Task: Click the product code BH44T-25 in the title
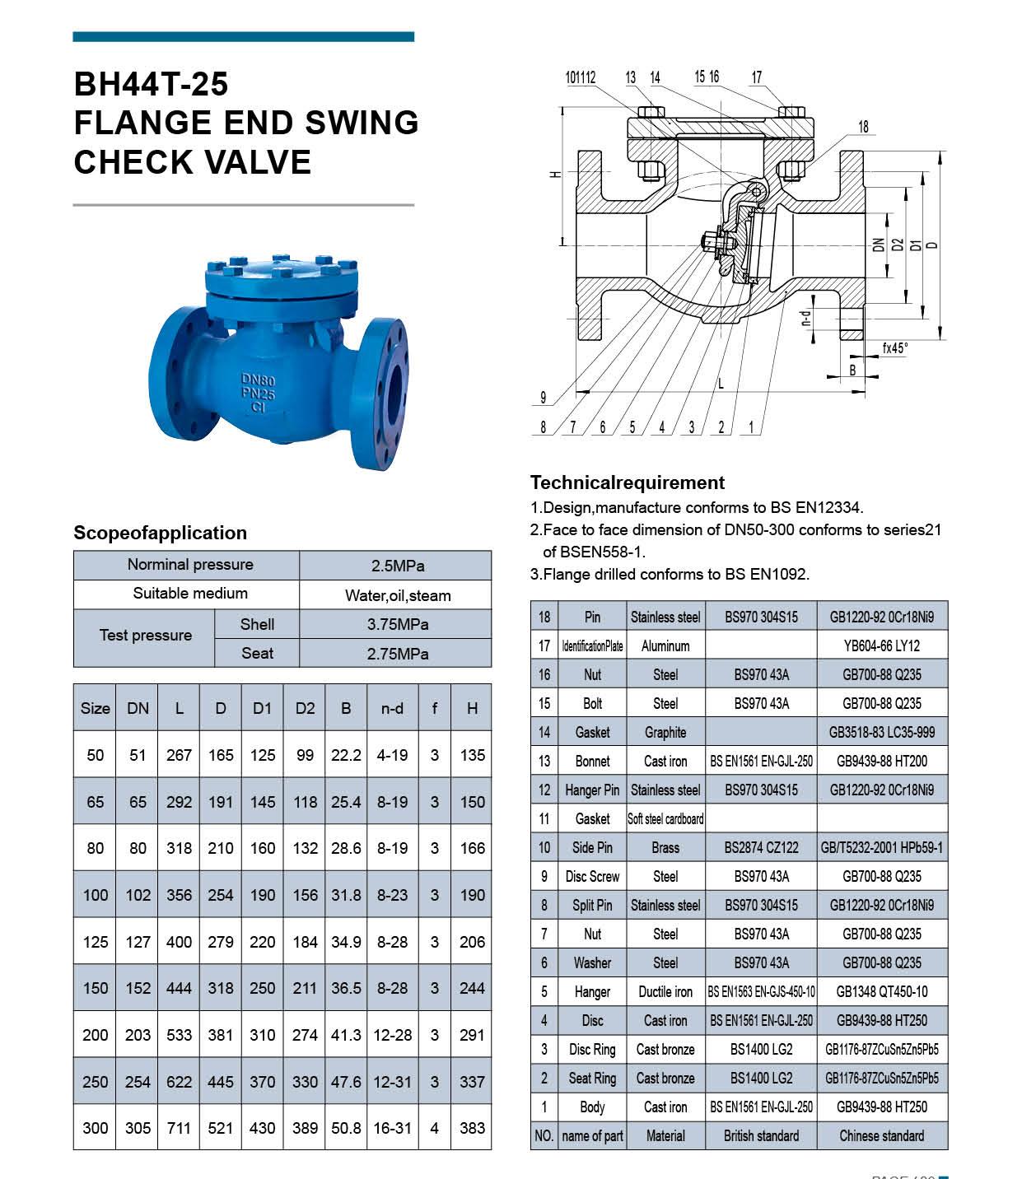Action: [151, 84]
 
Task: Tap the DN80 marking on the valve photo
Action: [258, 380]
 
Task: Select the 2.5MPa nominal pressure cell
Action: [397, 566]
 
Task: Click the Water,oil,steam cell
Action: [397, 595]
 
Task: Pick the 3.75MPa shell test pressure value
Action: [397, 624]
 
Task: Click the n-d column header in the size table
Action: [392, 708]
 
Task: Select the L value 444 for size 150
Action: [179, 988]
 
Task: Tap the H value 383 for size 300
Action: [472, 1128]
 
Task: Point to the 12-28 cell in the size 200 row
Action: [392, 1035]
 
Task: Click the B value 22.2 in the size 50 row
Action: [346, 755]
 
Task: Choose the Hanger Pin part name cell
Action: [591, 790]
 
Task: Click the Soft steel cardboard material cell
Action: [665, 818]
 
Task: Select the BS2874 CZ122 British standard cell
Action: [761, 847]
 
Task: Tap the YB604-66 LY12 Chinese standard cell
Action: [881, 645]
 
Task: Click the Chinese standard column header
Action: [881, 1135]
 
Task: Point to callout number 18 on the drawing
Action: [863, 127]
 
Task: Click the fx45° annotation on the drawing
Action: [894, 348]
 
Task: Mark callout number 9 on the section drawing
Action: [543, 398]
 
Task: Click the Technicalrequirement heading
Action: [627, 482]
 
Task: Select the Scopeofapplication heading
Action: [160, 533]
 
